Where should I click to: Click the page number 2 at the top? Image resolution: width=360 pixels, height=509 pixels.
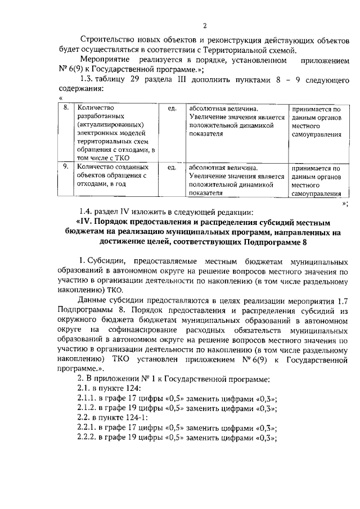click(x=205, y=26)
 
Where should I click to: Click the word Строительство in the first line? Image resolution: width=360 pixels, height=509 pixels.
click(x=107, y=40)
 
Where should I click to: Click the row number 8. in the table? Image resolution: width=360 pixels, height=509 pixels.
click(x=66, y=107)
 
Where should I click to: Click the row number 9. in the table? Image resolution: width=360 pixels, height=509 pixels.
click(x=66, y=167)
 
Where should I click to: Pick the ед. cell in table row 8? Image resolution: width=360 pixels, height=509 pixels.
click(x=172, y=107)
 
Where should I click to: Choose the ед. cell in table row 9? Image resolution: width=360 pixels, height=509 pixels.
click(x=172, y=167)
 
